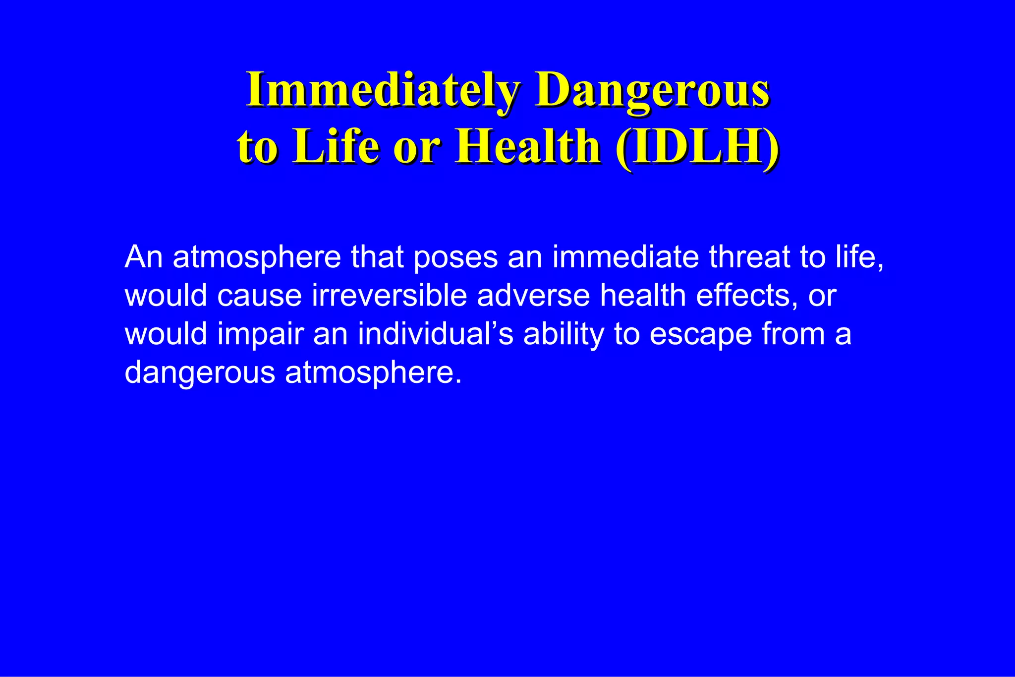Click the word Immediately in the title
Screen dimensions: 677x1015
tap(383, 90)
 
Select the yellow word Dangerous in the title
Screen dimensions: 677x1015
tap(652, 90)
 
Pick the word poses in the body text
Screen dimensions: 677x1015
tap(455, 257)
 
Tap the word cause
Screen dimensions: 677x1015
tap(260, 296)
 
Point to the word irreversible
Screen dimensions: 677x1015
tap(390, 296)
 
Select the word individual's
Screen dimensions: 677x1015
tap(436, 334)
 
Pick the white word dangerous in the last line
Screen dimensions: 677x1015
tap(200, 373)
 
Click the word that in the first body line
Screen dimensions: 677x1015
tap(377, 257)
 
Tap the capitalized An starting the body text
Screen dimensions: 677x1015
tap(144, 257)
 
